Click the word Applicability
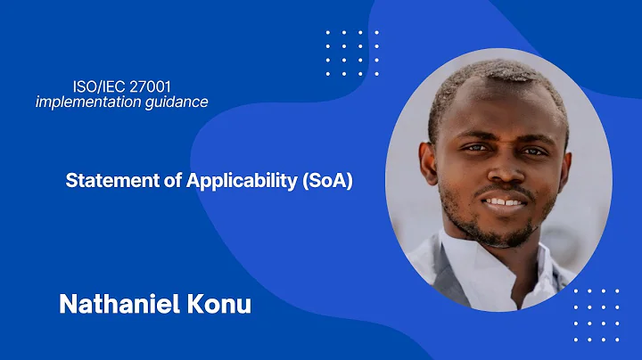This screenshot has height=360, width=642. coord(242,181)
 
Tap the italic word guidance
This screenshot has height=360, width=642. coord(177,102)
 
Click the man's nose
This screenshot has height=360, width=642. coord(501,170)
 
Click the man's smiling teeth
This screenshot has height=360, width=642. coord(504,200)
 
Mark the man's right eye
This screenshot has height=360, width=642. coord(473,149)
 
